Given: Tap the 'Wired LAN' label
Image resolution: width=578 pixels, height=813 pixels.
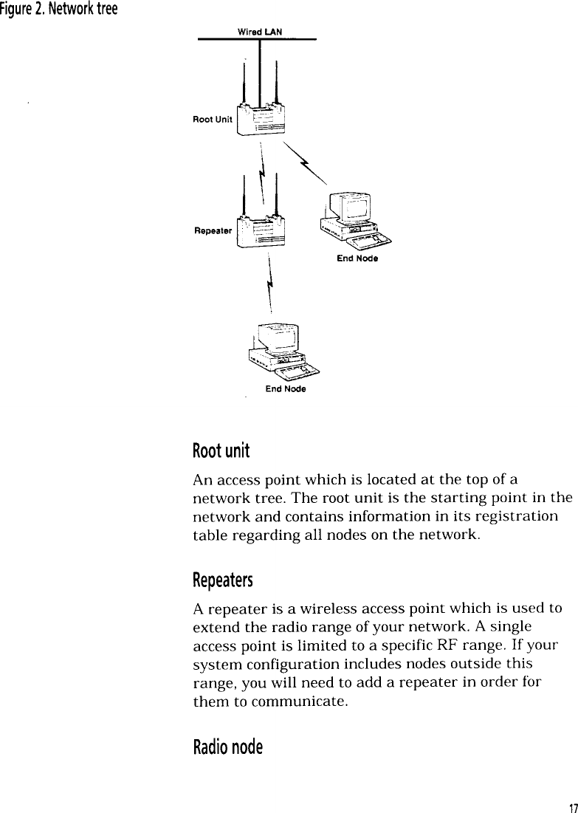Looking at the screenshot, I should [x=258, y=31].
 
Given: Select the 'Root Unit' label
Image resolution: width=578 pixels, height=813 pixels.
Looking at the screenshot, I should [x=213, y=119].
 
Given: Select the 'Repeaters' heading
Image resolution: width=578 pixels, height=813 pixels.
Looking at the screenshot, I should [x=222, y=580].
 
